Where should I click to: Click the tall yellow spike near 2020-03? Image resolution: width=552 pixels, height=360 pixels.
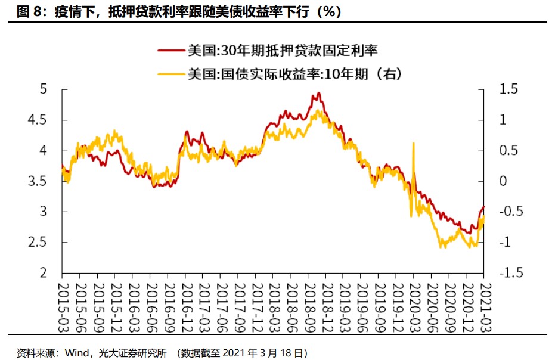413,144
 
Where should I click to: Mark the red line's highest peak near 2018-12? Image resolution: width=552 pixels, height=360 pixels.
318,93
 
